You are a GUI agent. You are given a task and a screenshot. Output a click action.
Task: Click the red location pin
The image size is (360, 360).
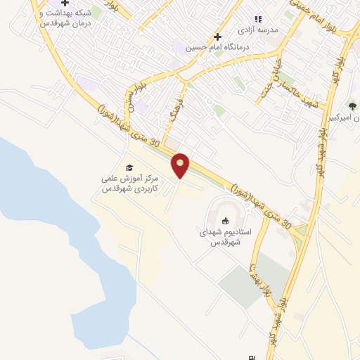click(x=181, y=165)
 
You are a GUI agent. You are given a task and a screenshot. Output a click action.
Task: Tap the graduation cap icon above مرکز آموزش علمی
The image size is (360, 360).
click(x=129, y=167)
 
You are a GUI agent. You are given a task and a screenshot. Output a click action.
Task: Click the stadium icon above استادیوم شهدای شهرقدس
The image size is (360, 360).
click(x=225, y=222)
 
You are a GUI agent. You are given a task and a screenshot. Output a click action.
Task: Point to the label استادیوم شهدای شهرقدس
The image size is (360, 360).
click(x=225, y=237)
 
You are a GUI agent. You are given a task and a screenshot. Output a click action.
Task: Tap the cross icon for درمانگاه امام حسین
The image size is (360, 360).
click(x=217, y=37)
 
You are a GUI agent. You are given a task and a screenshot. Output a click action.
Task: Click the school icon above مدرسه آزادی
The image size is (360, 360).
click(x=257, y=19)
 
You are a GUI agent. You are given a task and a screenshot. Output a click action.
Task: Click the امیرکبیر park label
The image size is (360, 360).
click(x=348, y=117)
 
